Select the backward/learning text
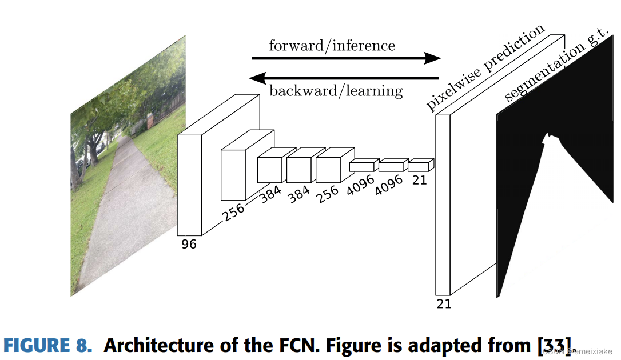(x=336, y=90)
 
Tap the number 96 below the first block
(x=189, y=244)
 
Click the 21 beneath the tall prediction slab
(x=444, y=304)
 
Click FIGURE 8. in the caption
(x=47, y=346)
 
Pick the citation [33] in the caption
(x=552, y=346)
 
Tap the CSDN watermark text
(x=578, y=351)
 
